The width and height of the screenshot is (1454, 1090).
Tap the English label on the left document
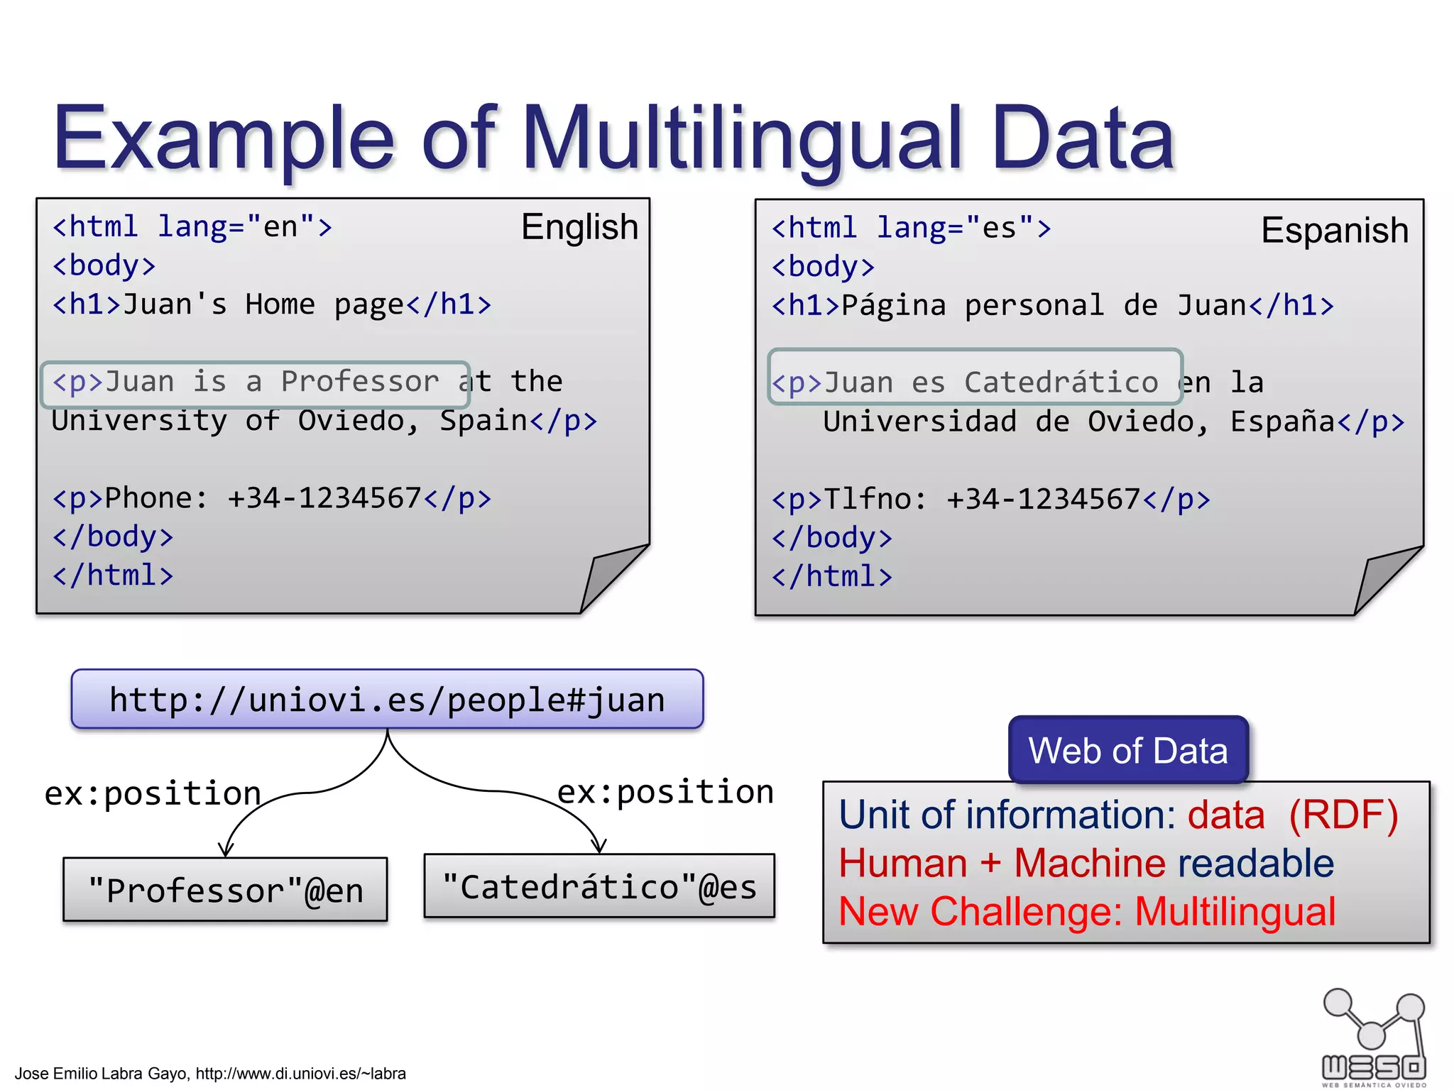pyautogui.click(x=579, y=228)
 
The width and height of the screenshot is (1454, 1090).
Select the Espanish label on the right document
pyautogui.click(x=1334, y=231)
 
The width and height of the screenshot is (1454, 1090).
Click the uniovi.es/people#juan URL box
pyautogui.click(x=387, y=700)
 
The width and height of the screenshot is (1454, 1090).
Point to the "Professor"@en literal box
pyautogui.click(x=225, y=890)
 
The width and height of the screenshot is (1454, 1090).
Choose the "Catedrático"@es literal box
pyautogui.click(x=599, y=887)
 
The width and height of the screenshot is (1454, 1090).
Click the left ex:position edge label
pyautogui.click(x=153, y=793)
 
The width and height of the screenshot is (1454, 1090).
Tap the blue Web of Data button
pyautogui.click(x=1127, y=751)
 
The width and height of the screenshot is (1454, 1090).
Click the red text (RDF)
pyautogui.click(x=1343, y=815)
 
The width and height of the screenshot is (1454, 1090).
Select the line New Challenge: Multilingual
pyautogui.click(x=1086, y=912)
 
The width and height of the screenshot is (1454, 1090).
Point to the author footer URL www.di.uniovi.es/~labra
pyautogui.click(x=300, y=1074)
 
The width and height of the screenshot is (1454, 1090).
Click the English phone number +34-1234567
pyautogui.click(x=324, y=498)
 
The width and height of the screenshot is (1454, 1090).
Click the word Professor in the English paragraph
pyautogui.click(x=360, y=382)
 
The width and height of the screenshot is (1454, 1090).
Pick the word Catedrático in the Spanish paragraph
pyautogui.click(x=1061, y=383)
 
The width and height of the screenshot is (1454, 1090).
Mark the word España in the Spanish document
pyautogui.click(x=1282, y=422)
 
